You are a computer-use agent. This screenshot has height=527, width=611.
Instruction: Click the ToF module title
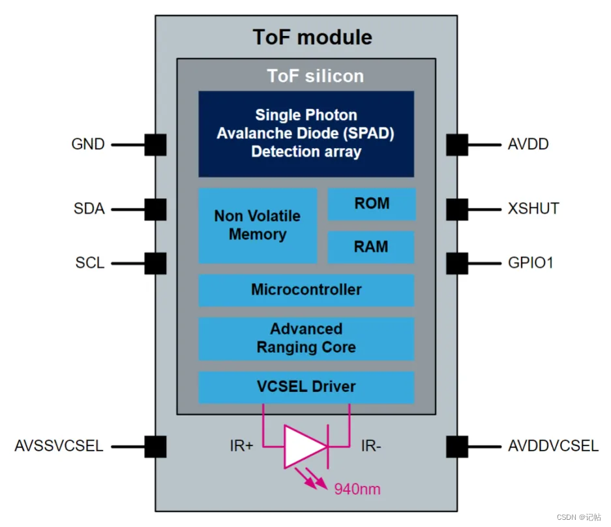312,37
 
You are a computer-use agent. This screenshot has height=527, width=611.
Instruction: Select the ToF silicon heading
315,76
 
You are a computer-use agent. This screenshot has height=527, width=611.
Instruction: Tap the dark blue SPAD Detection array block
306,134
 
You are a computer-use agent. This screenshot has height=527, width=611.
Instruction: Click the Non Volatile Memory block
258,226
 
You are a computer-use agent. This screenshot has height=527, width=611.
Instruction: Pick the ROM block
371,204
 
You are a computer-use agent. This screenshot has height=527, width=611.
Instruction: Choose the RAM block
371,247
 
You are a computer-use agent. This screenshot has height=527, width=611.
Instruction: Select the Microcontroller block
306,290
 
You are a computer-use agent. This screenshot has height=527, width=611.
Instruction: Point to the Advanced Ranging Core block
306,339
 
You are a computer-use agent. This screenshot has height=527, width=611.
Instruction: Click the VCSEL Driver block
306,387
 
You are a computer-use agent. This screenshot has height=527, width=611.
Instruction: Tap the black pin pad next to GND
155,144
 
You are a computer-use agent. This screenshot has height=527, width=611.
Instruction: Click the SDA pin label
89,209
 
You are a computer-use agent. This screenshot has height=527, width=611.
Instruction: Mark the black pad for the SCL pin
155,263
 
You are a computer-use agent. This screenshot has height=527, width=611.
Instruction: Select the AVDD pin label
528,144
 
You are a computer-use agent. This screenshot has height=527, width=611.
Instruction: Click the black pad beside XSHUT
457,209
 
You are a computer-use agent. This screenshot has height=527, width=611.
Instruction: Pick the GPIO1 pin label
531,263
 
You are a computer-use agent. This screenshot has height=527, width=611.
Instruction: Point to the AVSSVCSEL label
59,447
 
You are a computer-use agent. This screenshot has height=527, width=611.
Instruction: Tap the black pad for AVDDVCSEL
457,447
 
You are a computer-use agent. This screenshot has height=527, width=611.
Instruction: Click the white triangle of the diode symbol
303,447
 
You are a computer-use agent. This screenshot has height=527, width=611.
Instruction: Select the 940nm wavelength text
357,489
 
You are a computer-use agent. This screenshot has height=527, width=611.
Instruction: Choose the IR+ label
242,447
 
